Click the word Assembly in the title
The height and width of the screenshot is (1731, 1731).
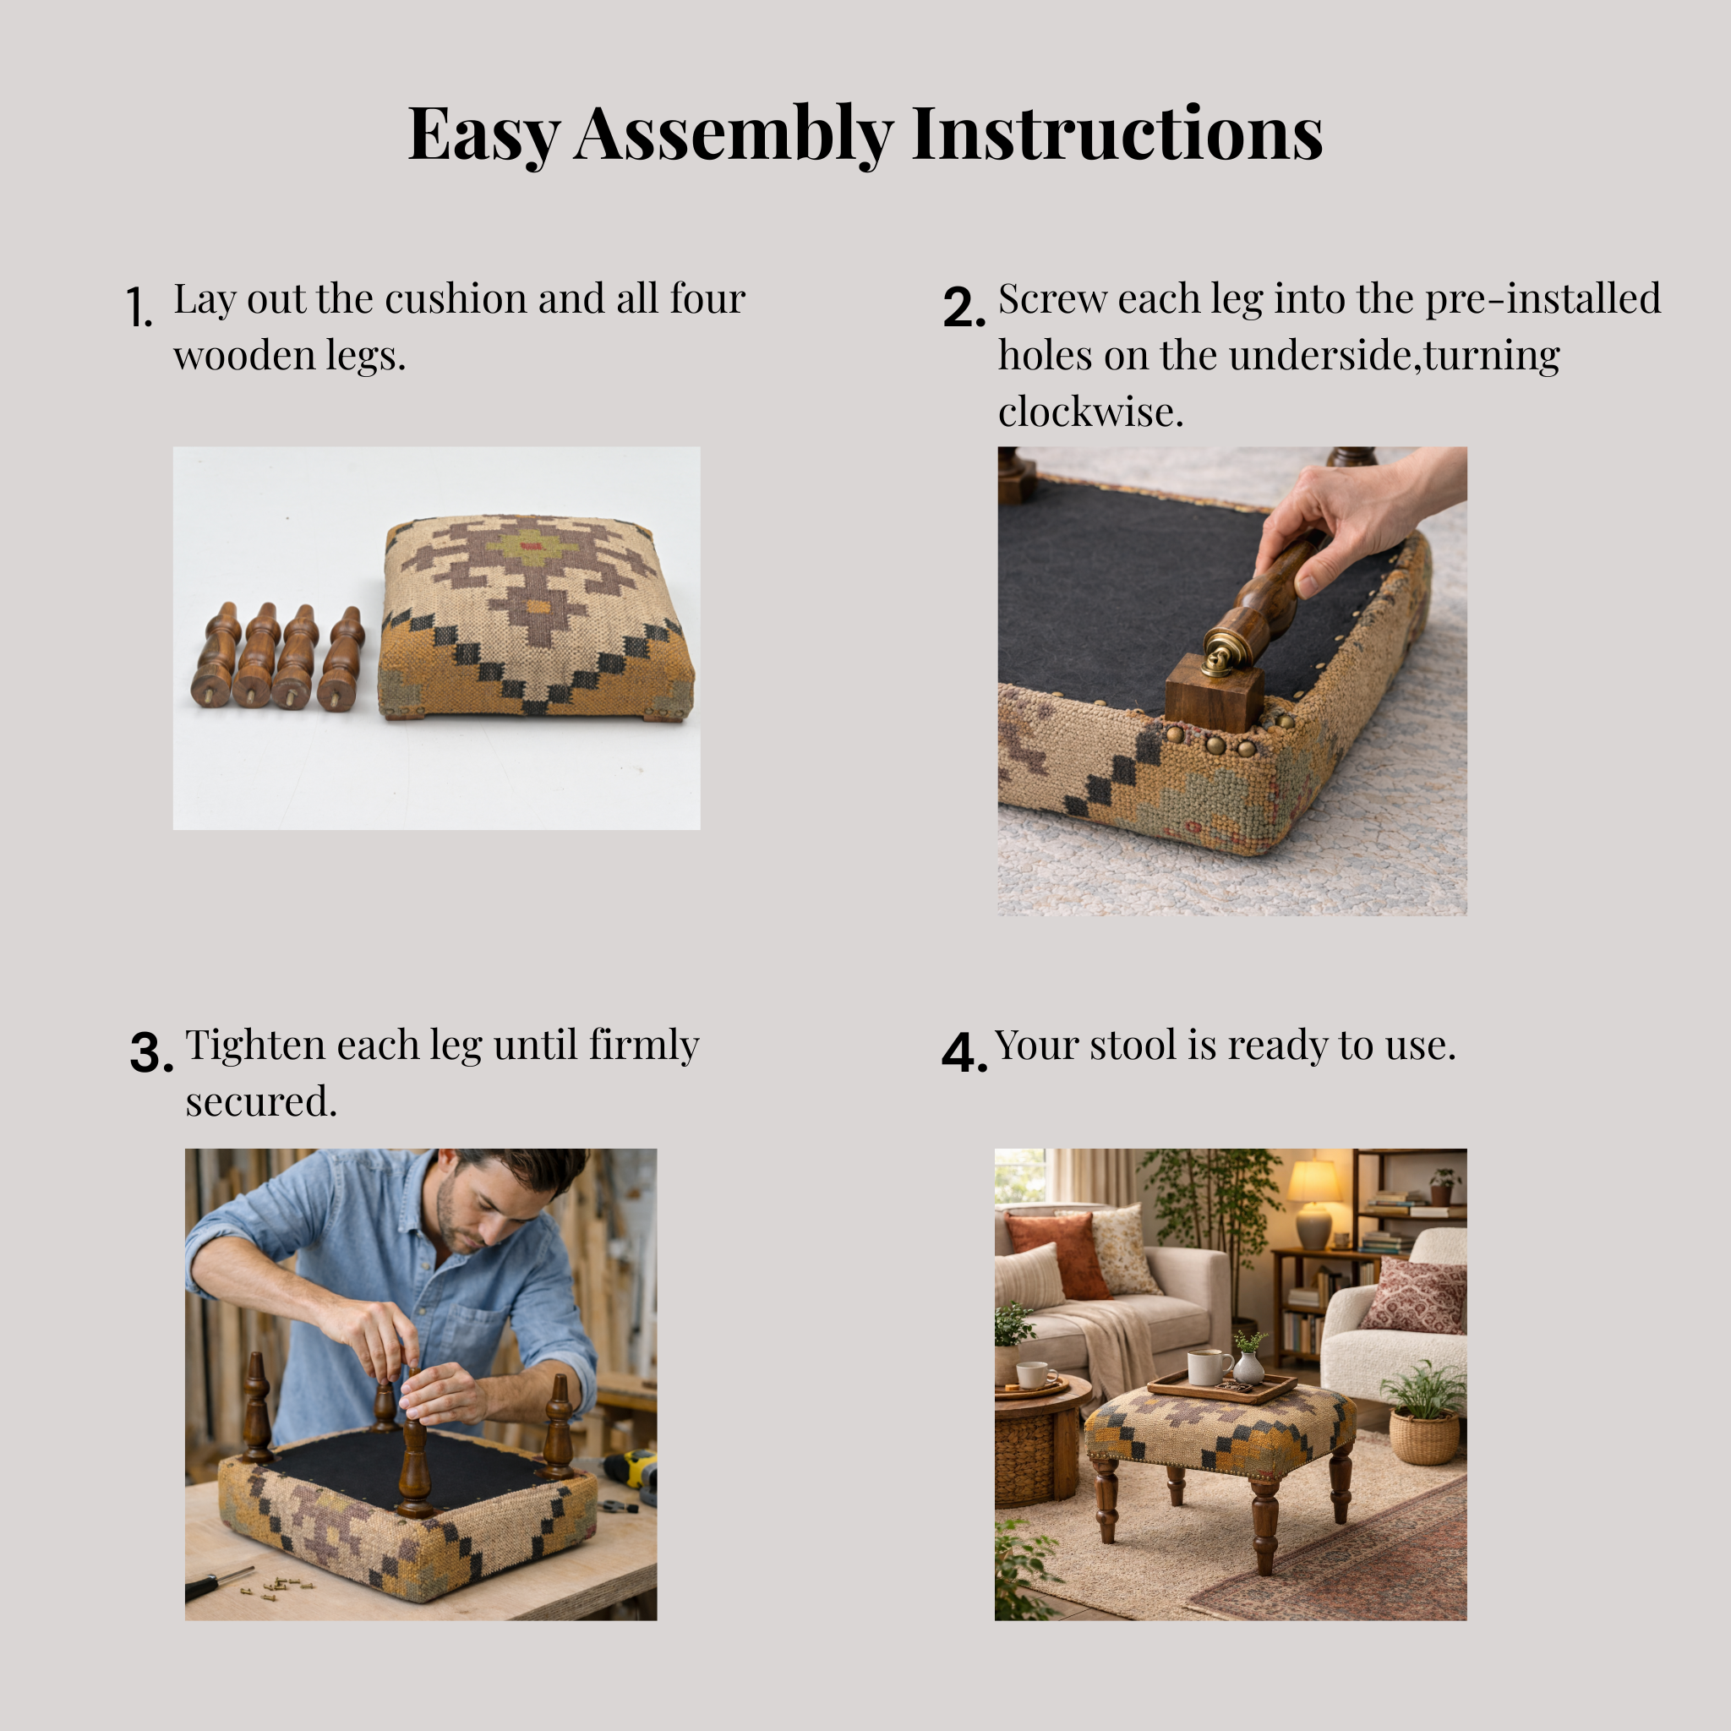click(x=734, y=134)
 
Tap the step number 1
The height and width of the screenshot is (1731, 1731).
click(x=139, y=308)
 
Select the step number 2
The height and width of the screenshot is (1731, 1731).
click(x=964, y=308)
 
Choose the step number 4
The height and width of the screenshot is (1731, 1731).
click(x=964, y=1053)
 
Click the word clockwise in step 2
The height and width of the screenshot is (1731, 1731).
click(x=1090, y=412)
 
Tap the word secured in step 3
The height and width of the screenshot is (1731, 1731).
click(x=260, y=1102)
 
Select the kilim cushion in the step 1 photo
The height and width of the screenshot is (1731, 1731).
click(x=535, y=617)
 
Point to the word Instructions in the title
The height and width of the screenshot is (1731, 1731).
click(x=1117, y=134)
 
